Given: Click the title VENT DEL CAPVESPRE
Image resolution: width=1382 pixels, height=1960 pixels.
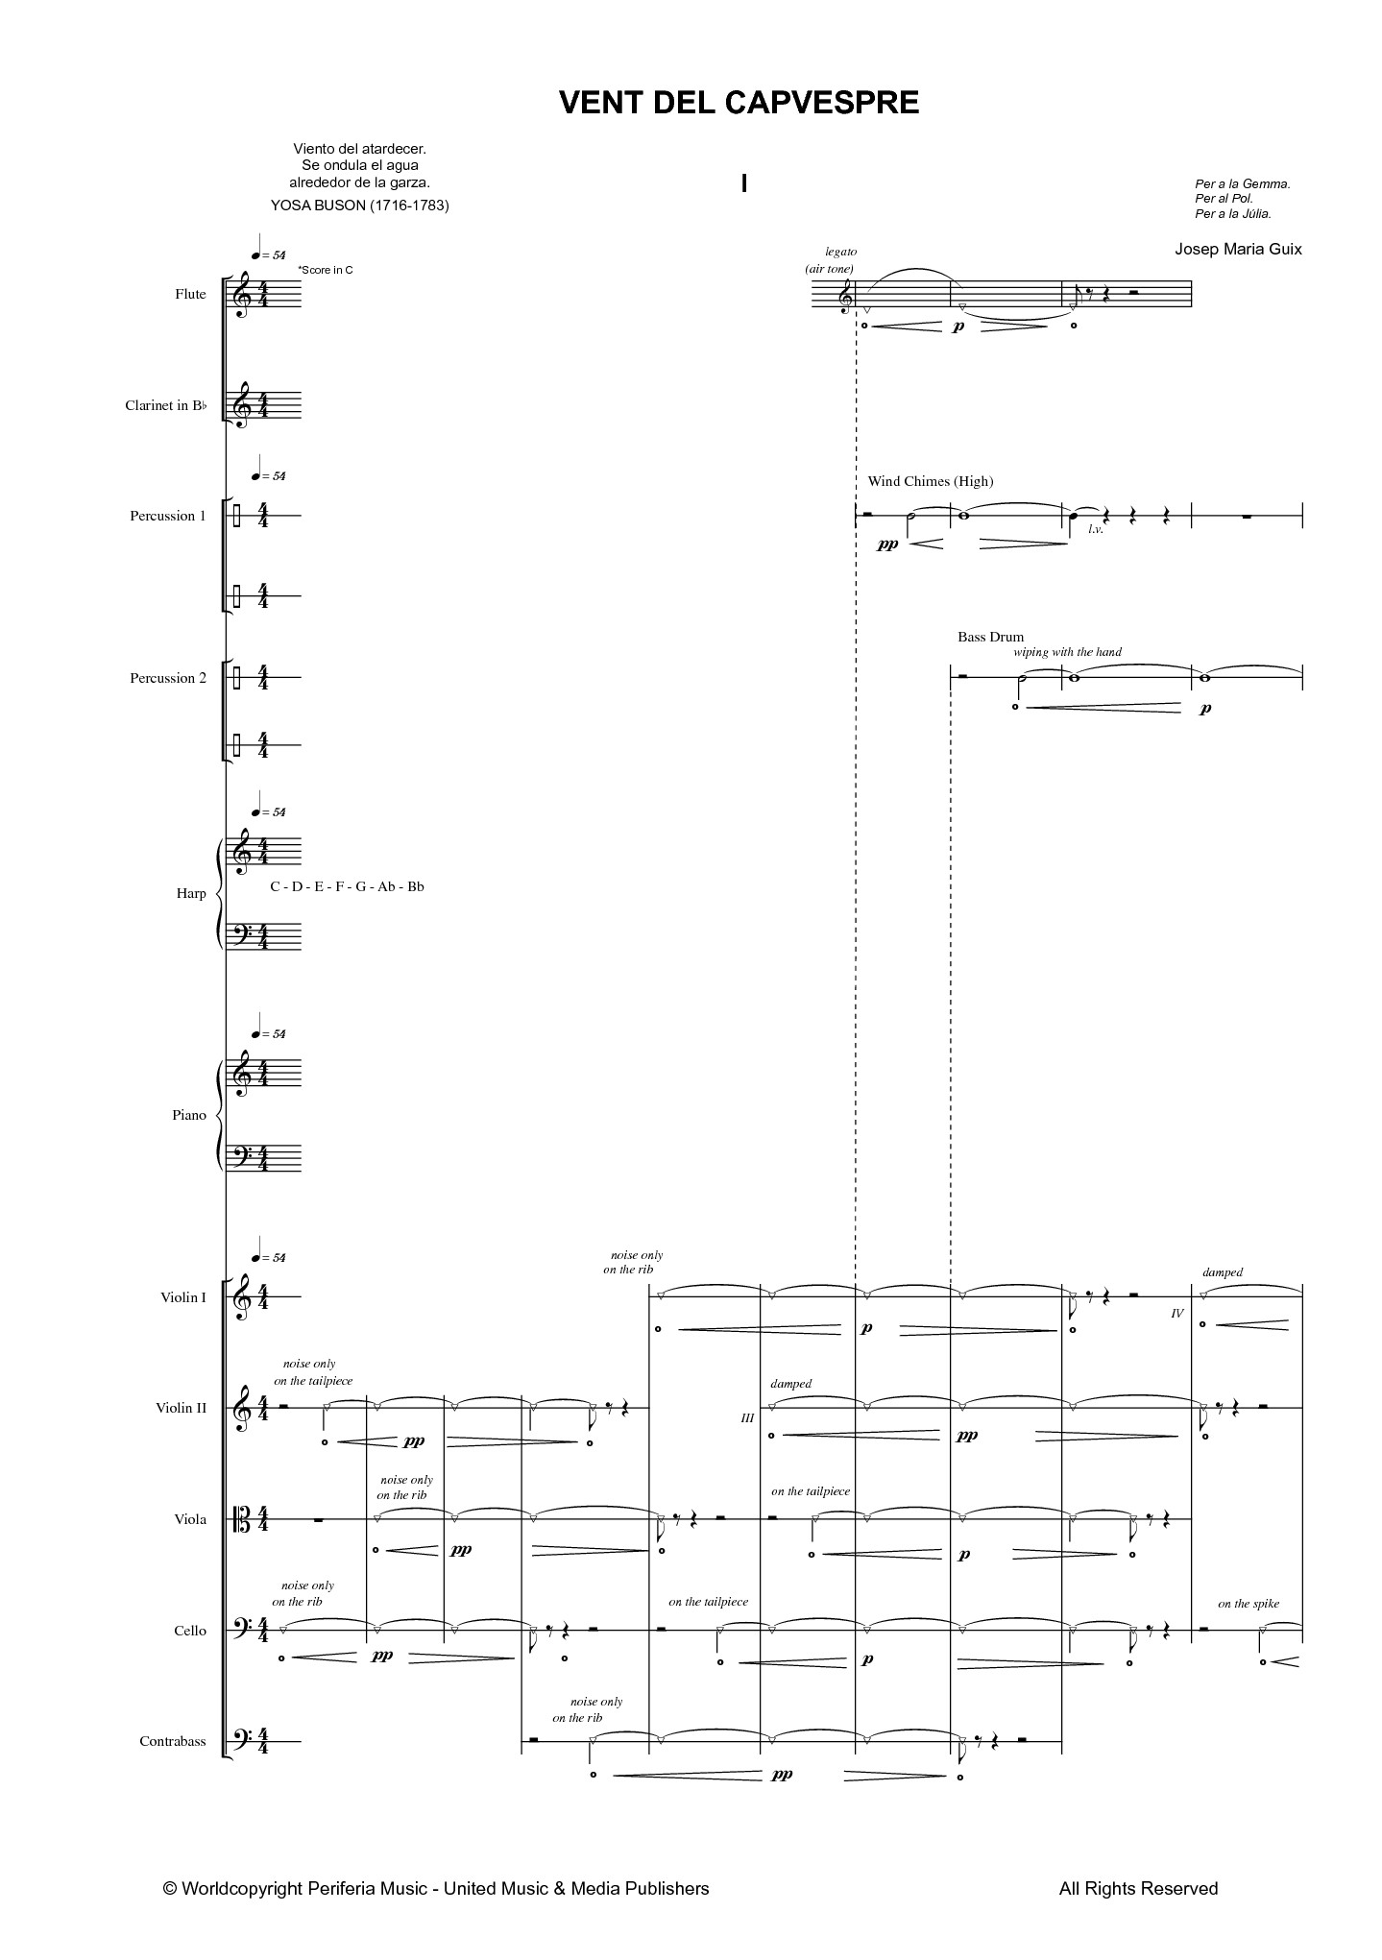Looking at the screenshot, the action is [739, 103].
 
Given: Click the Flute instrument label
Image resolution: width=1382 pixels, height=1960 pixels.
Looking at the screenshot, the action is [190, 294].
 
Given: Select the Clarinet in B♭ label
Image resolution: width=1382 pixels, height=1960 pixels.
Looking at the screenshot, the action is [165, 405].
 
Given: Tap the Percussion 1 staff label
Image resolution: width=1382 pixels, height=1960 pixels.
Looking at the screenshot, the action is [168, 516].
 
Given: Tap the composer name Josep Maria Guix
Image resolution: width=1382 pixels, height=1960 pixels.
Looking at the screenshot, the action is [1238, 249].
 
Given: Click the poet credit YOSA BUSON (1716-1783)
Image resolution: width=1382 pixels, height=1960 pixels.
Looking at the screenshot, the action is [360, 206].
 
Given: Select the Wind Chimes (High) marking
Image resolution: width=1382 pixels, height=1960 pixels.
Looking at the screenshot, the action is [930, 481].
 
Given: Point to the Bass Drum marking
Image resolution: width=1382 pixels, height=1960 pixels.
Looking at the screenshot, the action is [990, 637].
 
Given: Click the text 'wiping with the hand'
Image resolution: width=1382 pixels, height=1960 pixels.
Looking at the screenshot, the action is [1067, 652].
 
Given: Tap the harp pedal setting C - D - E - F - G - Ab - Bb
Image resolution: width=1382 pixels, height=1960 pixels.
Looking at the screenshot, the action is [347, 886].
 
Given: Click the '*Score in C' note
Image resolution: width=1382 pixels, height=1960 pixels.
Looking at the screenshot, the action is [326, 270].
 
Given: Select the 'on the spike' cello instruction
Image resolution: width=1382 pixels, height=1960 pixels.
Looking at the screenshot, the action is [1249, 1604].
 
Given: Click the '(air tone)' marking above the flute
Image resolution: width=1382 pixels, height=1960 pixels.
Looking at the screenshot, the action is [829, 269].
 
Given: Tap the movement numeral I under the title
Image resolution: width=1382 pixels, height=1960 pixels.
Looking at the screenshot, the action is [744, 183].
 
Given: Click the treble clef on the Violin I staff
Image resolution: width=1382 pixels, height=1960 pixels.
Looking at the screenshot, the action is [244, 1297].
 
